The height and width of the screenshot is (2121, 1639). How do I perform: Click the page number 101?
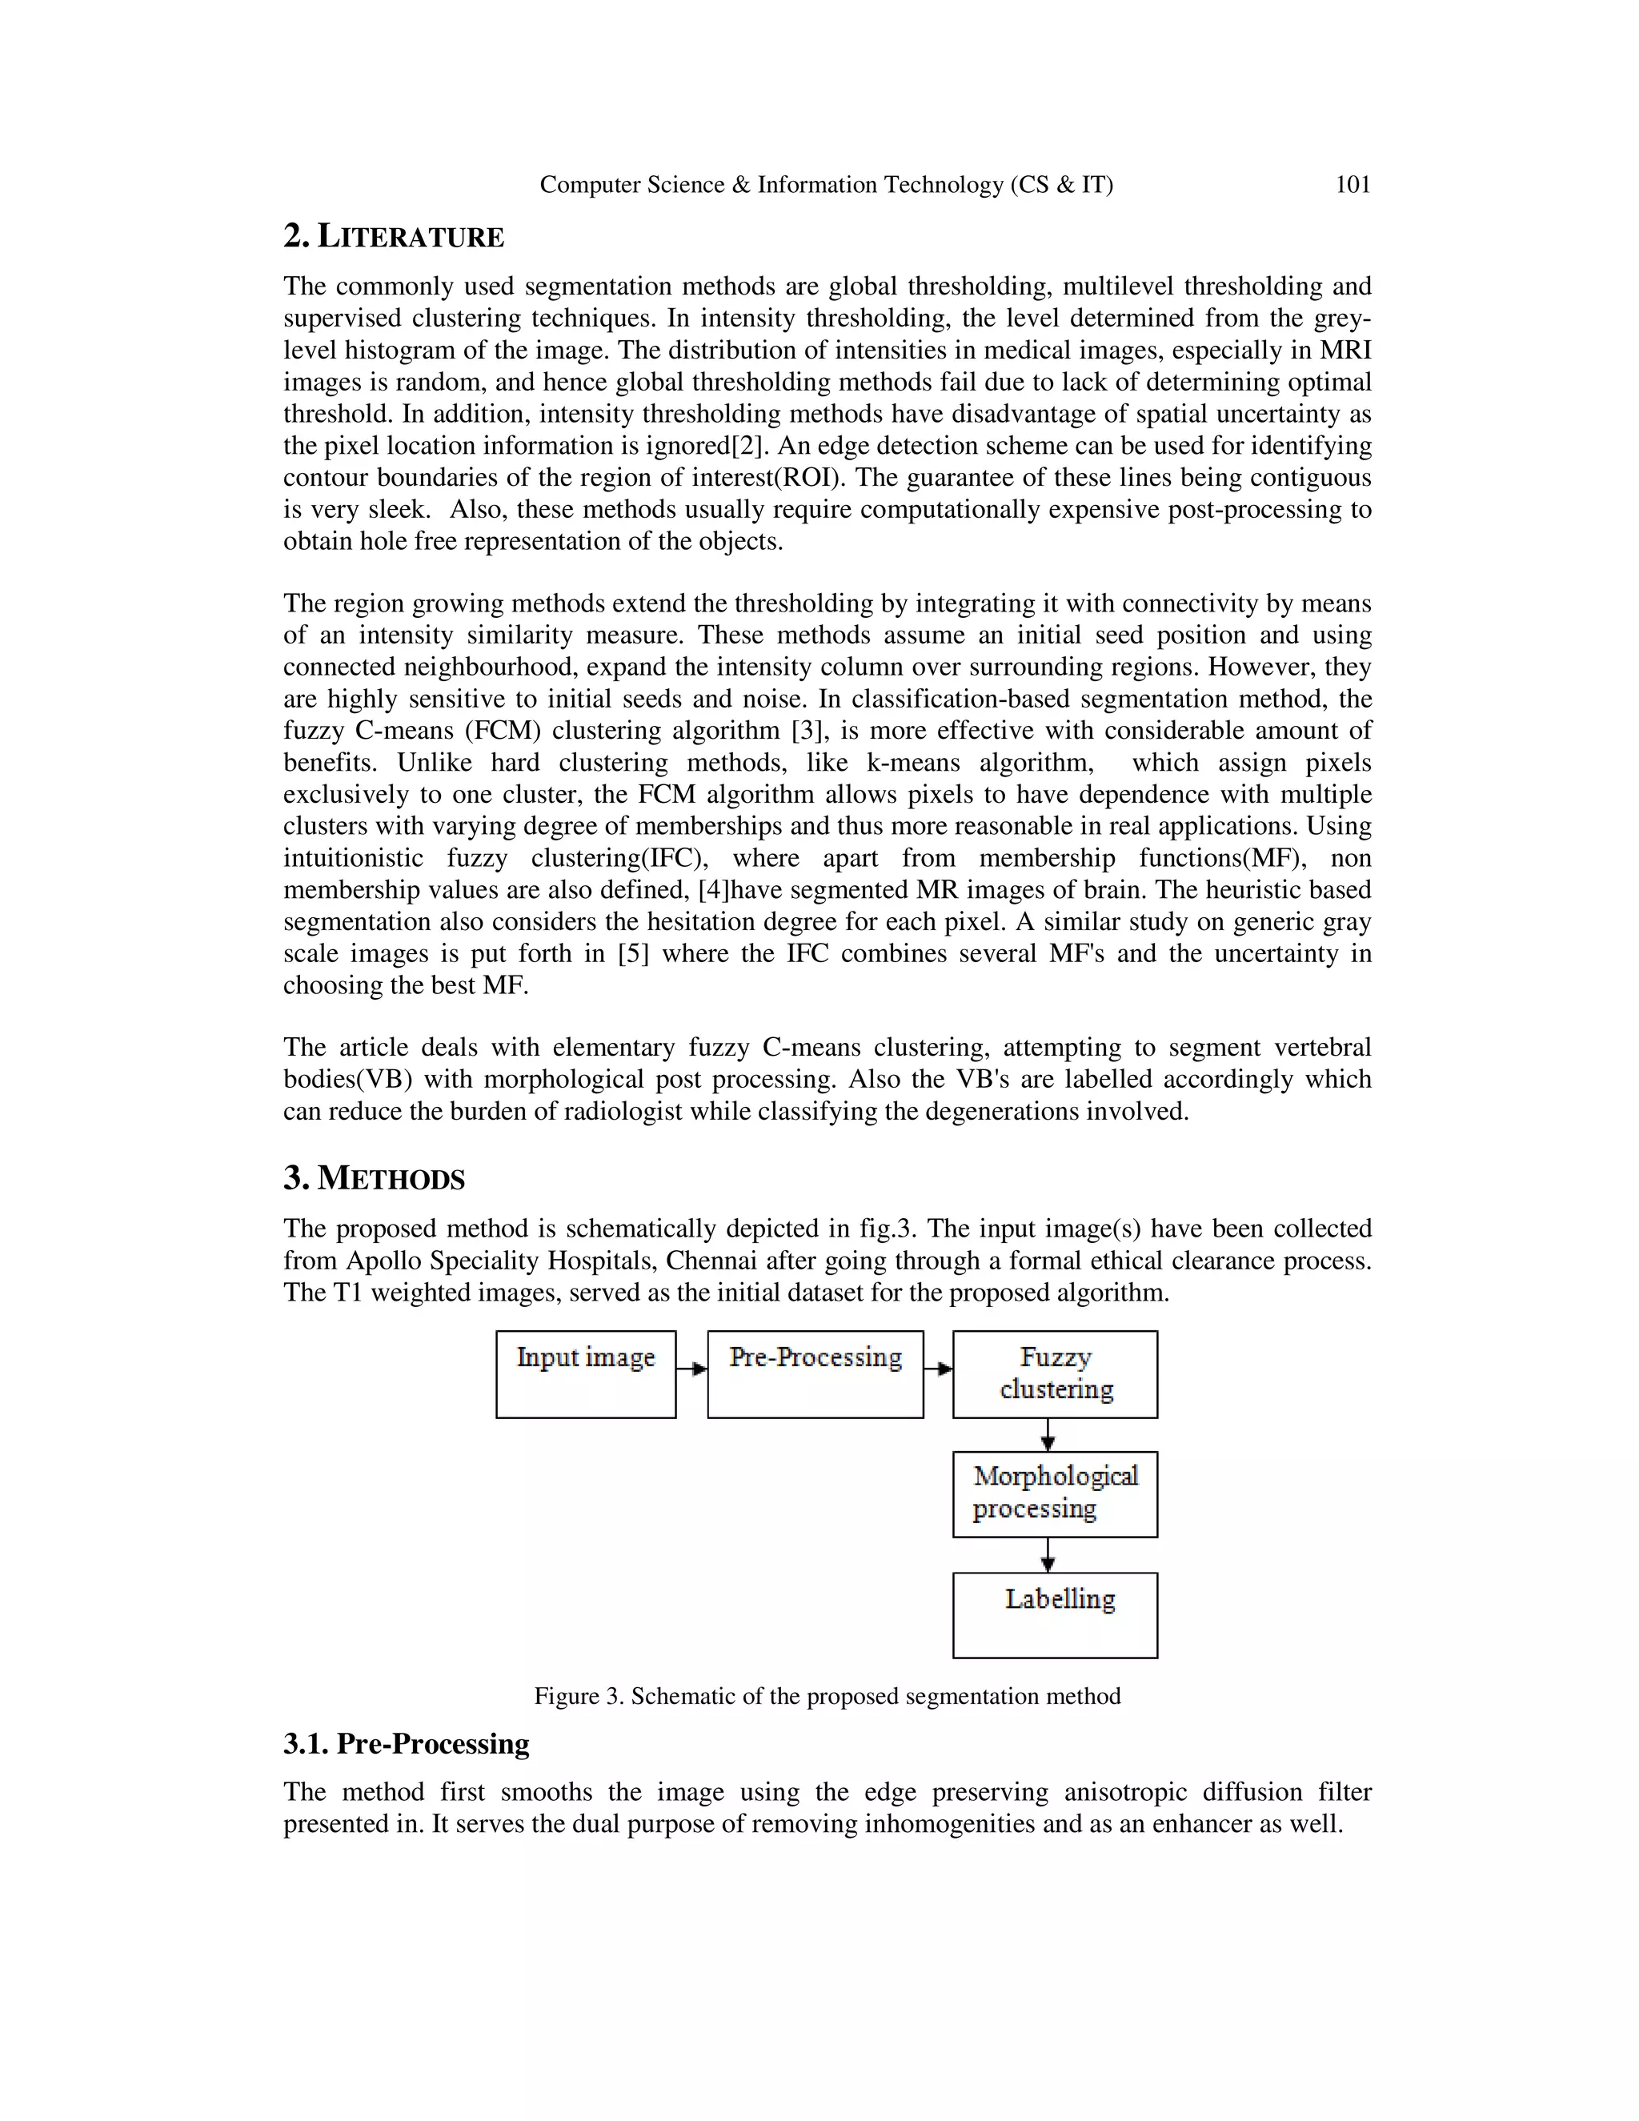[1352, 185]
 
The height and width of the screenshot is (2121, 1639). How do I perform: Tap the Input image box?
[586, 1374]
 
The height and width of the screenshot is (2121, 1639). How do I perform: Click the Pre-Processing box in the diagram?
[815, 1374]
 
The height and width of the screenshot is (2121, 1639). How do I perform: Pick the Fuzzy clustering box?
[1055, 1374]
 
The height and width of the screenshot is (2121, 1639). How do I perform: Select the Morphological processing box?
[1055, 1494]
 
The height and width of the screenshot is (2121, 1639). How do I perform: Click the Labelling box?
[1055, 1614]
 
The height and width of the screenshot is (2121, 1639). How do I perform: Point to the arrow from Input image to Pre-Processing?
[691, 1369]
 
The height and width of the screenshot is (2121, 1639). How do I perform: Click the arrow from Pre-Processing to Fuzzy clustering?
[938, 1369]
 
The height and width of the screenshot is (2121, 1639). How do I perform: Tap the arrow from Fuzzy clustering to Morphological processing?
[1048, 1434]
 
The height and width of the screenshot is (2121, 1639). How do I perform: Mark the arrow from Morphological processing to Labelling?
[1048, 1555]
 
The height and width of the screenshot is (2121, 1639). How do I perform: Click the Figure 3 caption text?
[828, 1697]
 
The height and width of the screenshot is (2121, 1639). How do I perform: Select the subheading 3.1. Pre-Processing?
[406, 1744]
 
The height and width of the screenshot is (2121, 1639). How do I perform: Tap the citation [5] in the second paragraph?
[633, 954]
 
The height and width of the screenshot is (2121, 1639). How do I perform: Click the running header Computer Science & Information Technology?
[826, 185]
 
